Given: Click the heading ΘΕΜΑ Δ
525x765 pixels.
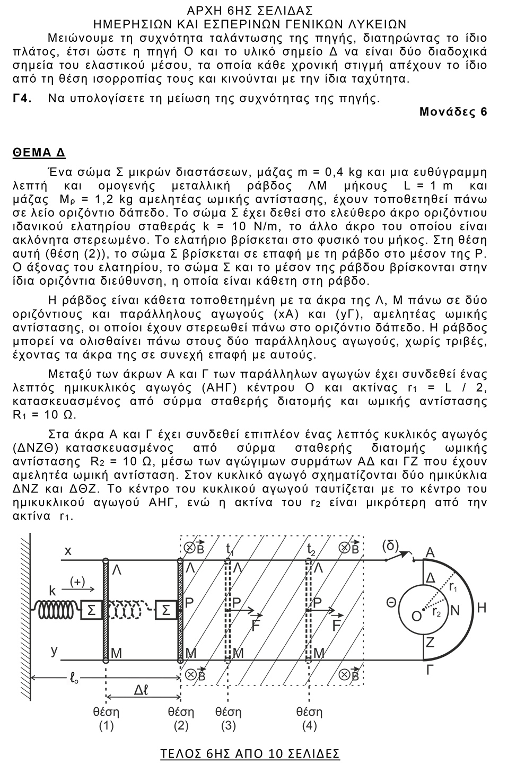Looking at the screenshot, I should point(39,153).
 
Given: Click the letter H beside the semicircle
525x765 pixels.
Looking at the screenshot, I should point(482,608).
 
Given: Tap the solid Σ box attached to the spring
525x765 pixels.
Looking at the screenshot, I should point(91,610).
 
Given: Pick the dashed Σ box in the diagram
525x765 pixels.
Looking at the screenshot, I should point(166,610).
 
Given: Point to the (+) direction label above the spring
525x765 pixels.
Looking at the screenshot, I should point(77,581).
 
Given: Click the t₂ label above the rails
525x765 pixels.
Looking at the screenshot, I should point(312,549).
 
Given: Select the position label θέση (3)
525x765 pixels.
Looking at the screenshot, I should point(229,718).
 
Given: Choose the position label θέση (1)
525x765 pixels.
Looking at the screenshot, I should point(106,718).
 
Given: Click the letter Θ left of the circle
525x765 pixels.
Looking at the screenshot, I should point(391,602).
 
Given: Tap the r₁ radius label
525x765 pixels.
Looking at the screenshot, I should point(453,587).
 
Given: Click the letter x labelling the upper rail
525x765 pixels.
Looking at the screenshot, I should point(68,551).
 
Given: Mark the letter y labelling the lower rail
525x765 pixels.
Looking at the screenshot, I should point(54,650).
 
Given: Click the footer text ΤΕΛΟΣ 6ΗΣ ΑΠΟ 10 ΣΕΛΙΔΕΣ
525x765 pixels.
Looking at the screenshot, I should point(250,753).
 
